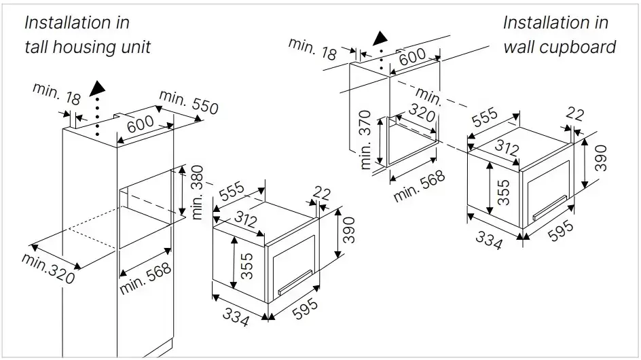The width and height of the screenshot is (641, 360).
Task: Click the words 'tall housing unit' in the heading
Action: (87, 47)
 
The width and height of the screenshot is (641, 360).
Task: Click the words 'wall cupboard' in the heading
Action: (560, 47)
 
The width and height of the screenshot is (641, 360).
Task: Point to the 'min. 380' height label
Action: (198, 193)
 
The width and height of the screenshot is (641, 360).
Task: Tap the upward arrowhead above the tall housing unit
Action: (99, 87)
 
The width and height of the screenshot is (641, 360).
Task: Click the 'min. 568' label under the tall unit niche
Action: (146, 278)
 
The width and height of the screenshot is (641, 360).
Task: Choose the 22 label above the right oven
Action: (574, 115)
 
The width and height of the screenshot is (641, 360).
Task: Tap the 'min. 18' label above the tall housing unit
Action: (55, 96)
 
